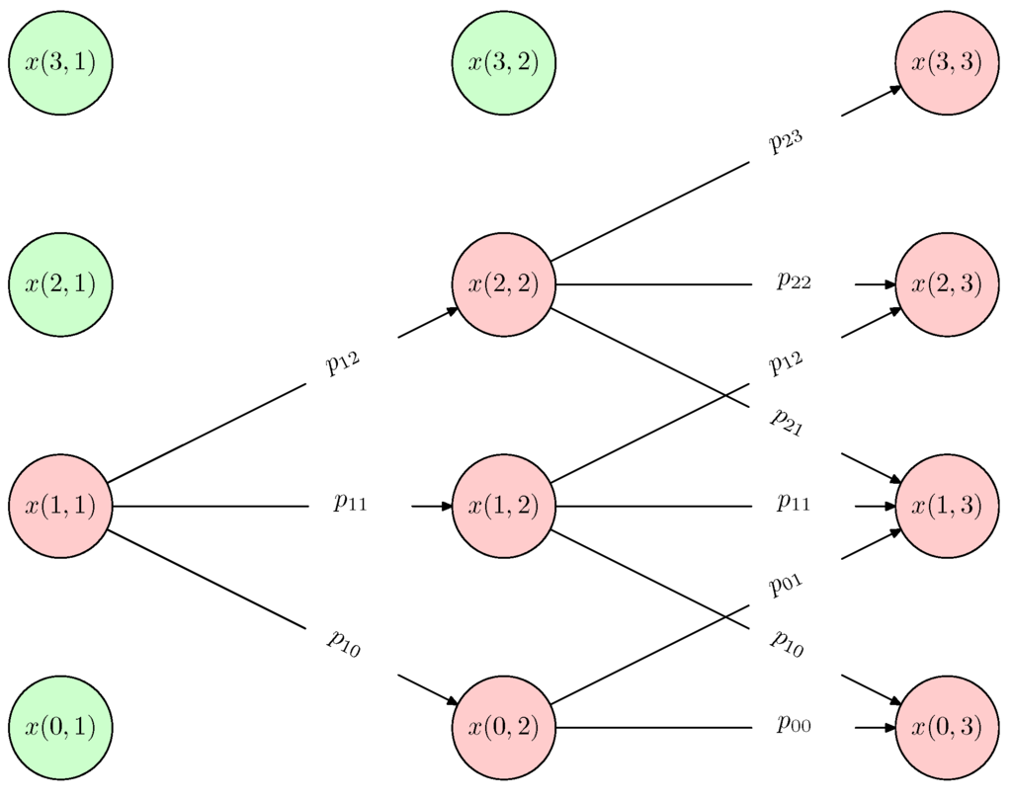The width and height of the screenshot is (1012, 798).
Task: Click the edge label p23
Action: tap(787, 141)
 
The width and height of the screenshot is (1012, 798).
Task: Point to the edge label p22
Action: tap(794, 282)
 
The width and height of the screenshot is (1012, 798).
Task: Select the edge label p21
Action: tap(787, 422)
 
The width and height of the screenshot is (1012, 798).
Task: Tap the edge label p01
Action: tap(787, 585)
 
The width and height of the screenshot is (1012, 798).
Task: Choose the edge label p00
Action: tap(794, 726)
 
